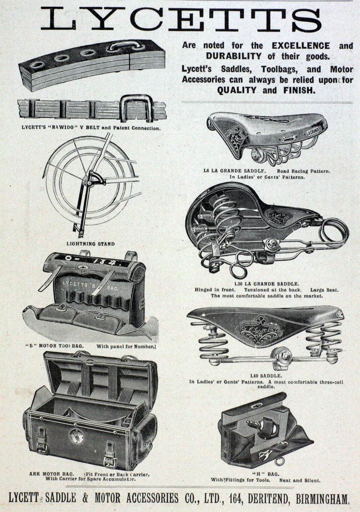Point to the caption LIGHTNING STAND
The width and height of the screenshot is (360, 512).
point(90,244)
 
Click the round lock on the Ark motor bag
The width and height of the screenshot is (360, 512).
point(76,436)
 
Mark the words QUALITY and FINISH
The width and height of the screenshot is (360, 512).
point(267,90)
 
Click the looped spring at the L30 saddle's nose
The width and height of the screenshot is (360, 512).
point(334,232)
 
